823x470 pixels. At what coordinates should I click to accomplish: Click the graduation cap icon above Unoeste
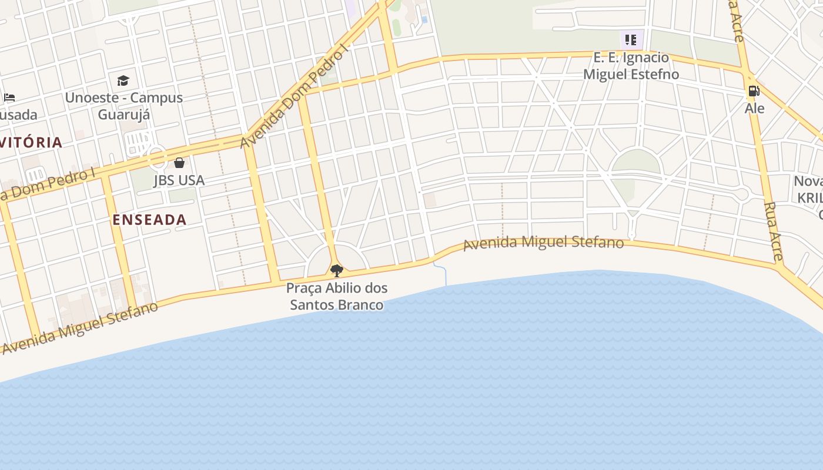click(x=123, y=80)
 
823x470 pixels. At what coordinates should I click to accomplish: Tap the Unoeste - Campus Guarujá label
click(x=123, y=106)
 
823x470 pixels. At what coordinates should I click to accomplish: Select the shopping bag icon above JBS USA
click(x=179, y=163)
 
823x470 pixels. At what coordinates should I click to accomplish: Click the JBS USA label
click(x=179, y=180)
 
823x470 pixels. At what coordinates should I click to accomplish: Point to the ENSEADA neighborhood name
click(x=149, y=220)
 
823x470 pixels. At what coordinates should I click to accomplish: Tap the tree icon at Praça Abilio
click(x=337, y=270)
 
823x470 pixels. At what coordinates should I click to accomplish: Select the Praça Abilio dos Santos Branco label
click(x=337, y=297)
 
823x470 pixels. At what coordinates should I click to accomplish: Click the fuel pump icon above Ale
click(x=753, y=91)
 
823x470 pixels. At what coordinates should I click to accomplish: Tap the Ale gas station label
click(x=754, y=108)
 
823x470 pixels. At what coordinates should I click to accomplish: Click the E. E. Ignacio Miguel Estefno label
click(x=631, y=66)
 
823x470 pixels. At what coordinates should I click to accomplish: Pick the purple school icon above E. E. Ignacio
click(x=631, y=40)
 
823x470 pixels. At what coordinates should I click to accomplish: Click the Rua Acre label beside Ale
click(x=774, y=231)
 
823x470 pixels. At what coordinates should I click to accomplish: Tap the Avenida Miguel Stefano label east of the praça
click(x=543, y=243)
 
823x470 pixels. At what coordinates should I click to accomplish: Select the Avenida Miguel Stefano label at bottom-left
click(x=80, y=327)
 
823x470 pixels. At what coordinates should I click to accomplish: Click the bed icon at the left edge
click(x=9, y=98)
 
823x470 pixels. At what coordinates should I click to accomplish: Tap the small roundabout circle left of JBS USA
click(x=157, y=157)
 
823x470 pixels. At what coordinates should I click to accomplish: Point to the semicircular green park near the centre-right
click(x=637, y=162)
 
